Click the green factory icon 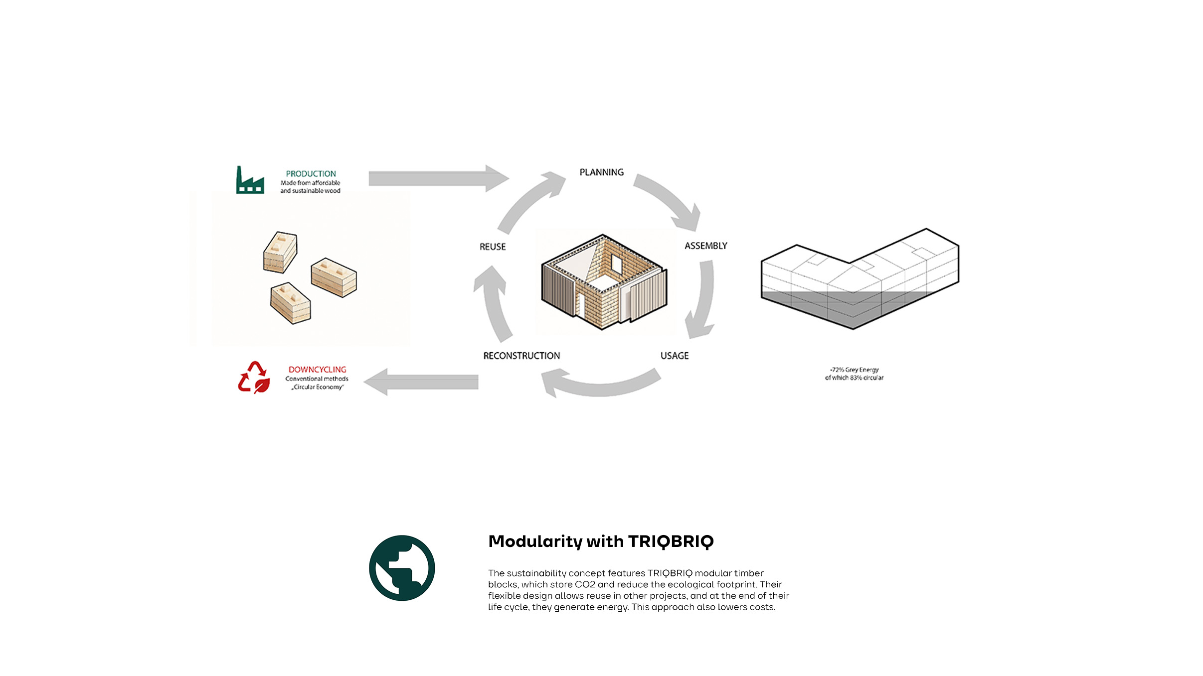[x=250, y=180]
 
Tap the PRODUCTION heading [x=311, y=174]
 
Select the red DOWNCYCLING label [x=317, y=370]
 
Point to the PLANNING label [x=601, y=172]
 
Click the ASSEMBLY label [x=705, y=246]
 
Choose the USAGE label [x=674, y=356]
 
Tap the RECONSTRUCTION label [x=521, y=356]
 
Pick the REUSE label [x=493, y=247]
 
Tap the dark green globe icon [x=402, y=568]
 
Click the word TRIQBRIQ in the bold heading [x=671, y=541]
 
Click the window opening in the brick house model [x=617, y=265]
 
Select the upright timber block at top [x=280, y=252]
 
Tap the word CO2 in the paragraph [x=585, y=584]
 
